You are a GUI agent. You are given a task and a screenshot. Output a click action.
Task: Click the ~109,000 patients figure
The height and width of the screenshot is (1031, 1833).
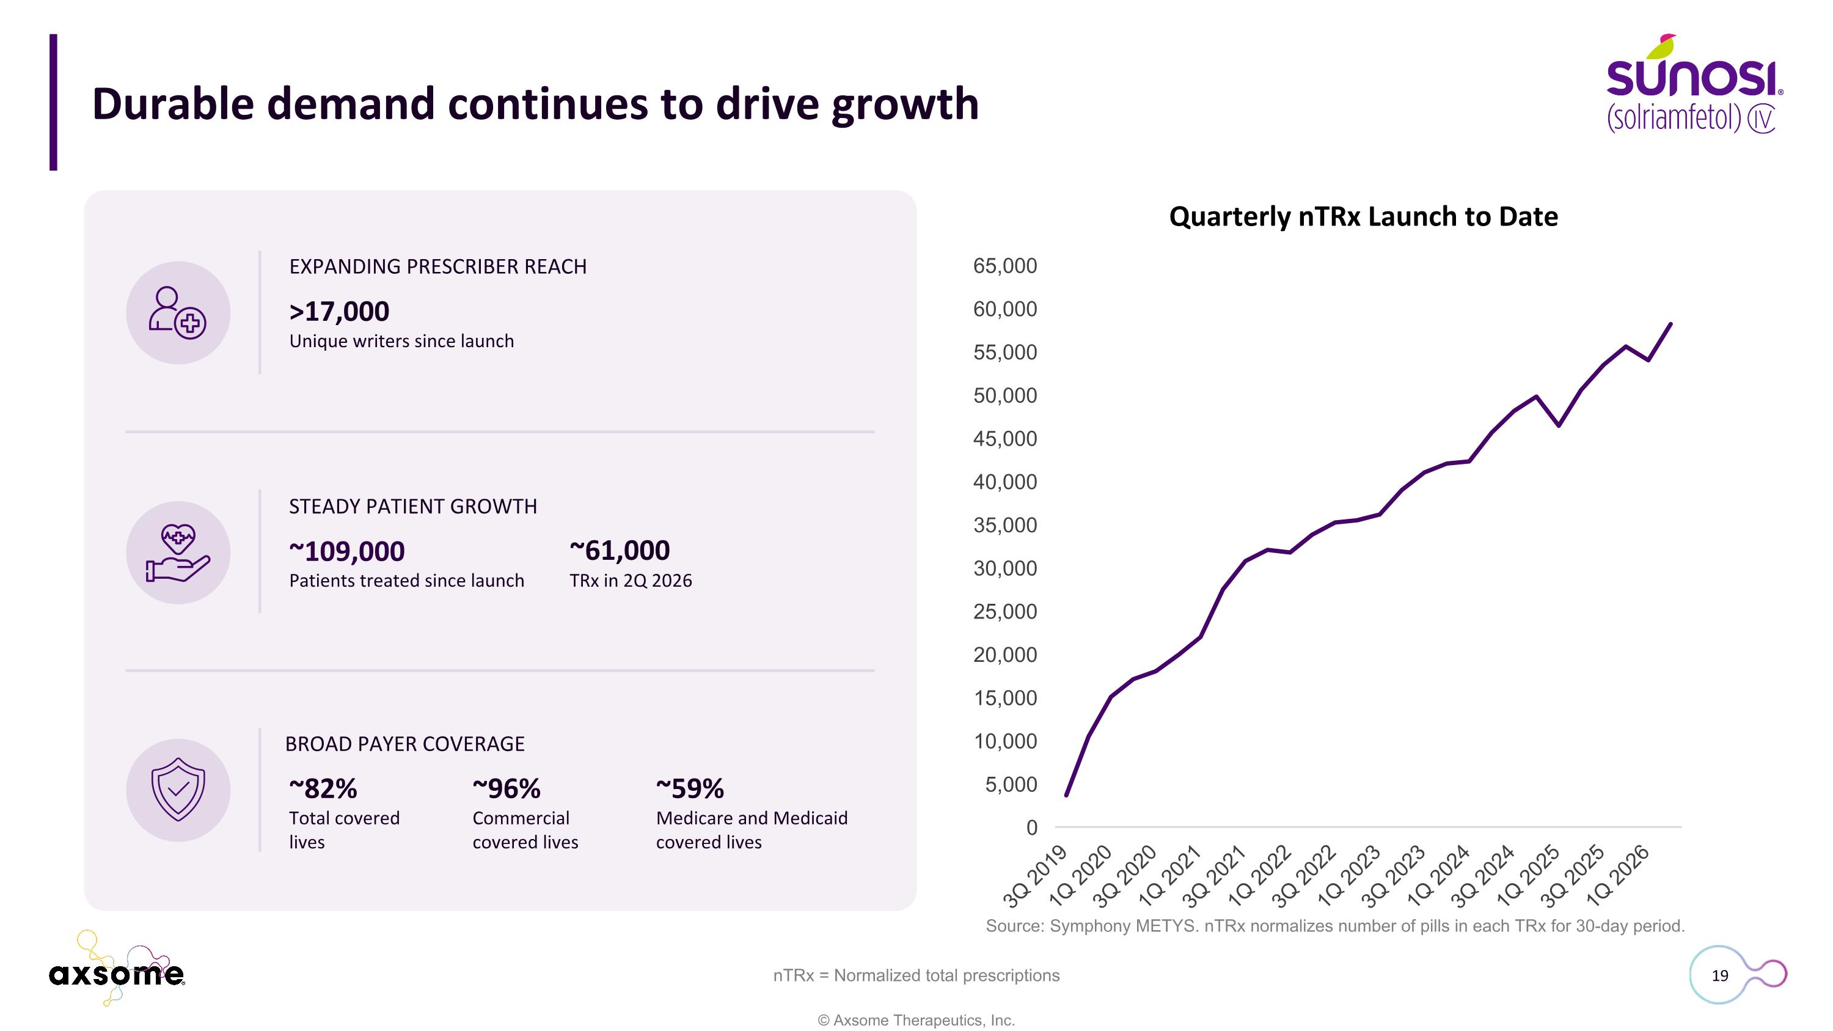(346, 551)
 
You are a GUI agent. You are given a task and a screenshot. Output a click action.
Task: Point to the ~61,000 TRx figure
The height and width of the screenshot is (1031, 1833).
(620, 551)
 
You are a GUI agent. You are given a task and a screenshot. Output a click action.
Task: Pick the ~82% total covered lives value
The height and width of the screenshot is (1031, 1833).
(323, 788)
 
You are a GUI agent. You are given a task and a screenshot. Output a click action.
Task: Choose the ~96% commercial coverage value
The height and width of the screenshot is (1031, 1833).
(507, 788)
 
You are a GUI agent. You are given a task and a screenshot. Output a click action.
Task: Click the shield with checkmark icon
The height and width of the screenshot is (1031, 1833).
(178, 790)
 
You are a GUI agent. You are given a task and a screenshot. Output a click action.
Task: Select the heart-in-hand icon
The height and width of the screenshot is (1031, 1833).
(178, 553)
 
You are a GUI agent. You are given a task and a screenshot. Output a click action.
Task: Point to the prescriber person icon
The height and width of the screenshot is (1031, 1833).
(177, 312)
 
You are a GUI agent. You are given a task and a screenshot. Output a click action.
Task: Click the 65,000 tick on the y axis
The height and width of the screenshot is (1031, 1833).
(1004, 266)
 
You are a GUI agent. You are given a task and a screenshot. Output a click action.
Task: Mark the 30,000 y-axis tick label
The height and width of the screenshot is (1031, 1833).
(1004, 568)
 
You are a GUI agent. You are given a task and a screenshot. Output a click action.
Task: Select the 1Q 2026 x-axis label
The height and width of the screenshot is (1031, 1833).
(1619, 876)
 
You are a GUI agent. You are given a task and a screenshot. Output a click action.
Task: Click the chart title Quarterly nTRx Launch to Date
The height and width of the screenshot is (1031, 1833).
(1363, 217)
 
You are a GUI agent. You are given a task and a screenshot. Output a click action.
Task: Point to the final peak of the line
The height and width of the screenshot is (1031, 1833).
(1670, 325)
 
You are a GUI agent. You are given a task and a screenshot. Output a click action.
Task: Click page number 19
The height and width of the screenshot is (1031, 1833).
(1720, 975)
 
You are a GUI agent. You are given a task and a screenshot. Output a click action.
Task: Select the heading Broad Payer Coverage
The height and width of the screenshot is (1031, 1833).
(405, 744)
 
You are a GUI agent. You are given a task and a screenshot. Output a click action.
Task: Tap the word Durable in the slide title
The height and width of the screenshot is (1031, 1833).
(173, 104)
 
